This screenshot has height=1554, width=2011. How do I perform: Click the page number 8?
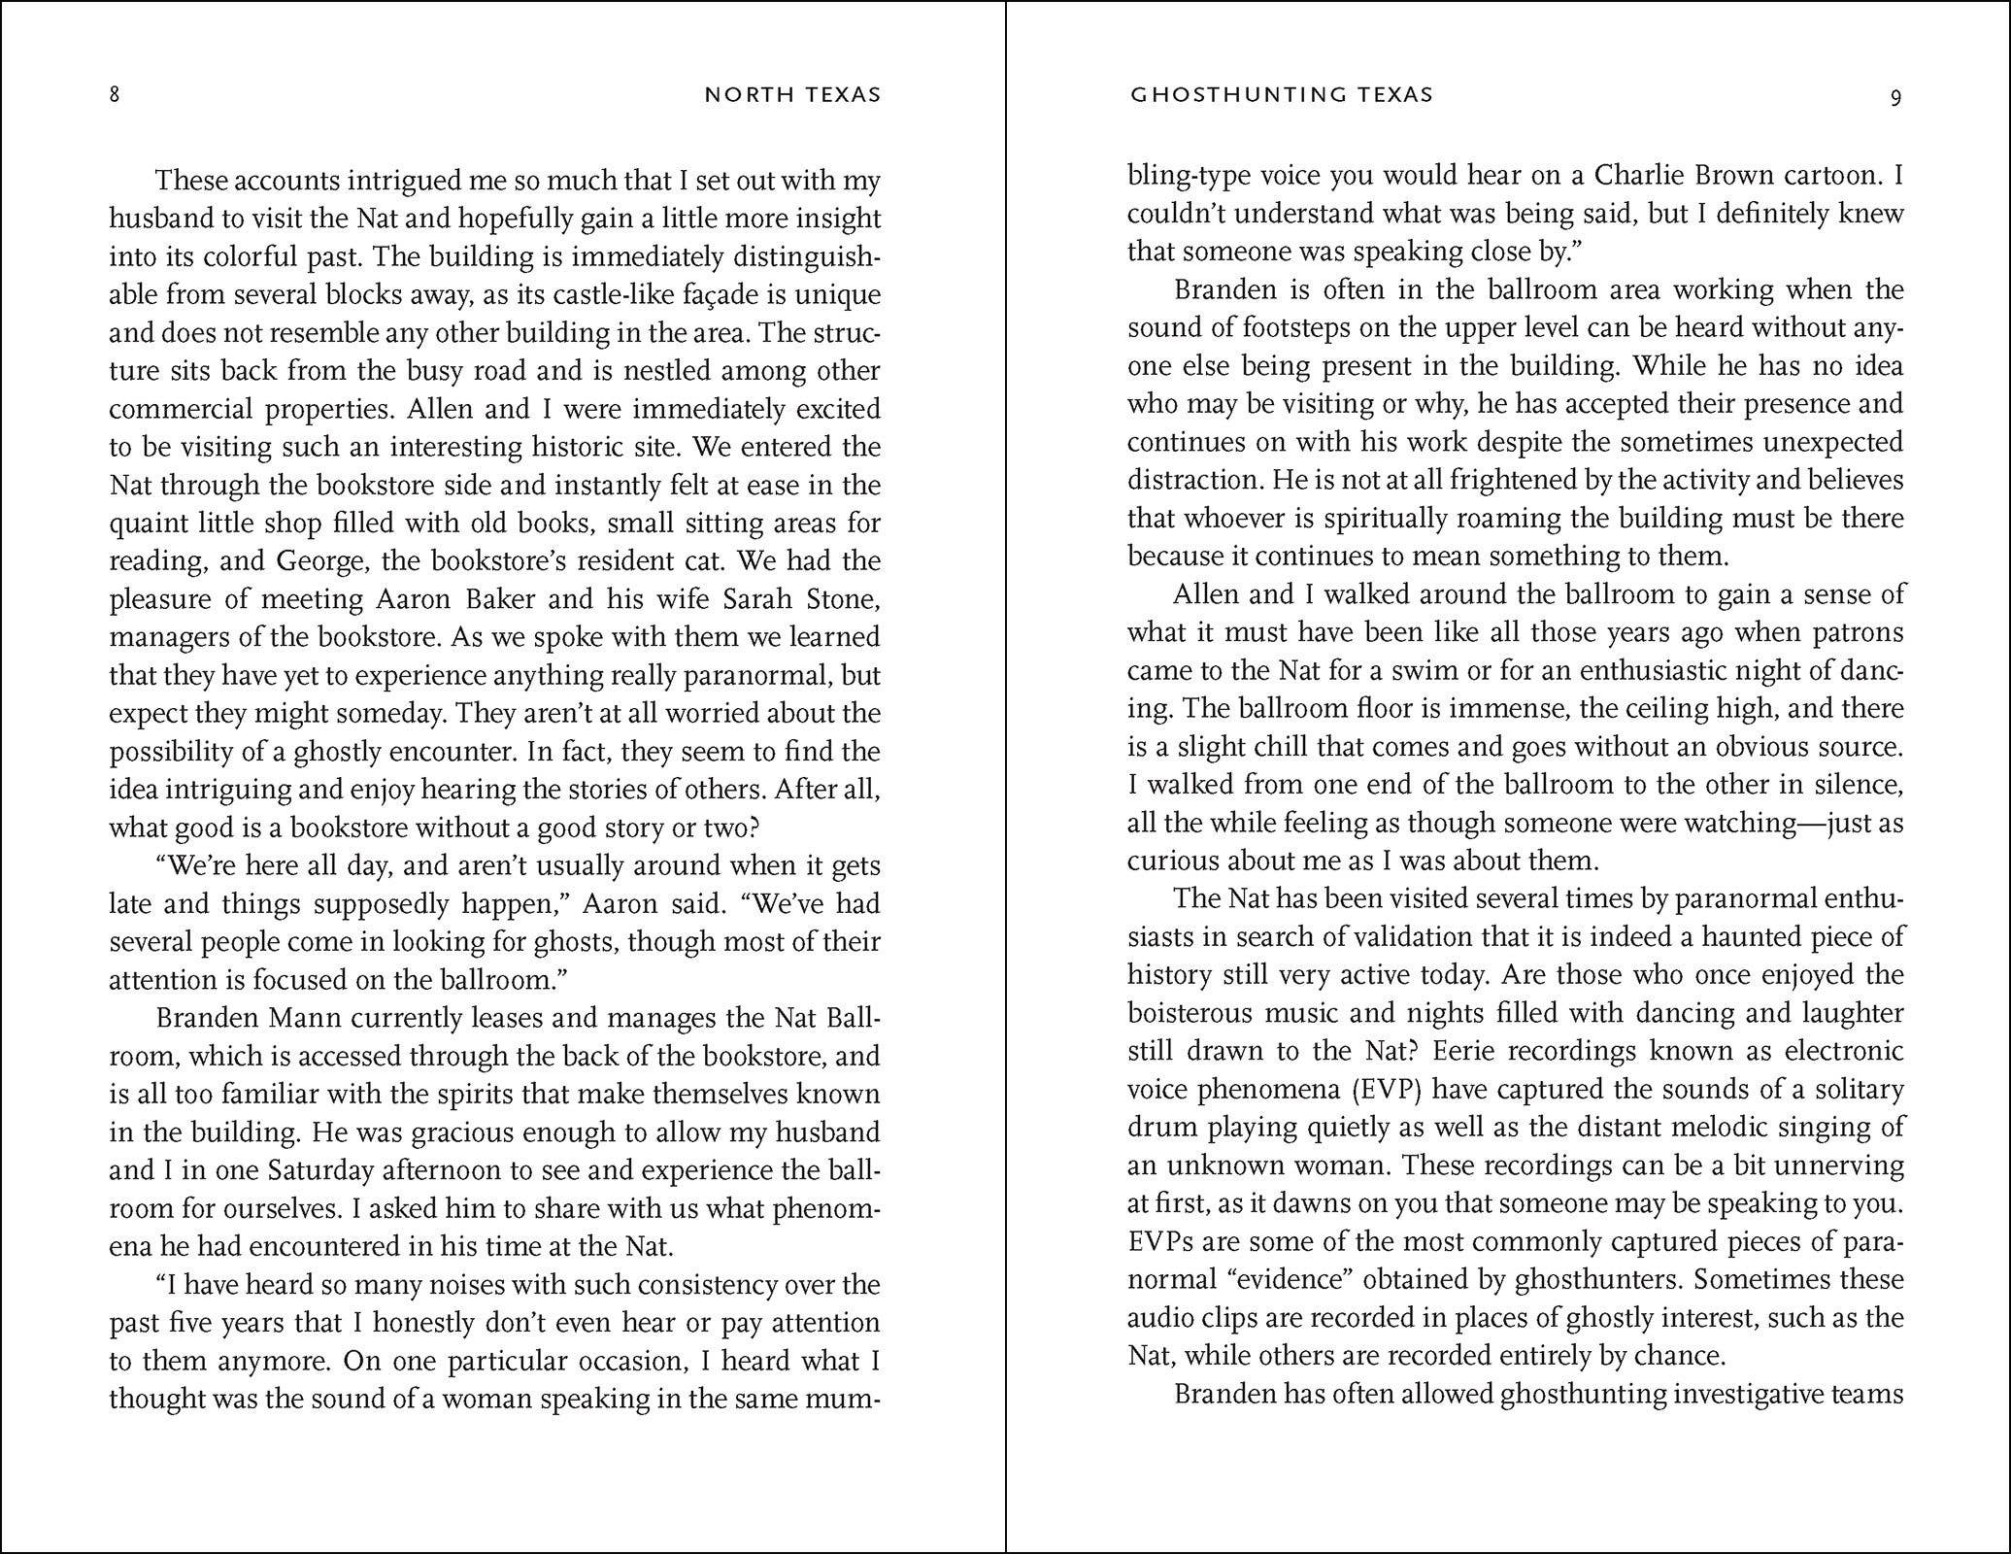click(115, 95)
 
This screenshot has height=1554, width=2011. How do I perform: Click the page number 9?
click(1895, 96)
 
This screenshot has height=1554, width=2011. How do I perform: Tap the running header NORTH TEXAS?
click(792, 95)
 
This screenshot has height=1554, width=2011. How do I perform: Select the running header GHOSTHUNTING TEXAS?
click(1282, 95)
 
